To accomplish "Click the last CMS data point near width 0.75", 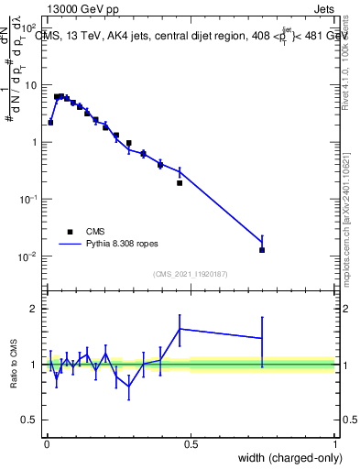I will [x=262, y=250].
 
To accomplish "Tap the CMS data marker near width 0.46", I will [x=180, y=183].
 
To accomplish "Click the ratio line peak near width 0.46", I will [x=180, y=328].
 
